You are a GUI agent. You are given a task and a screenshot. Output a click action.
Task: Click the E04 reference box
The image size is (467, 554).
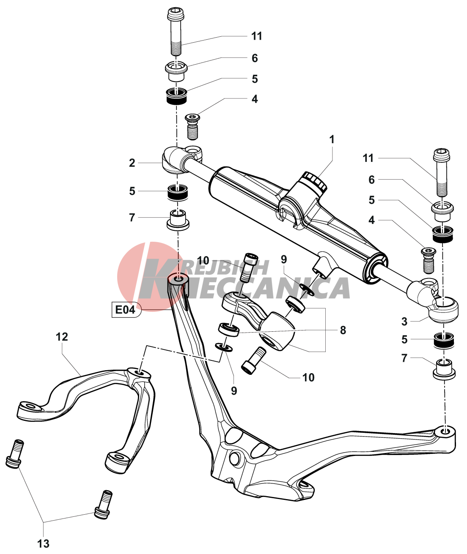point(125,310)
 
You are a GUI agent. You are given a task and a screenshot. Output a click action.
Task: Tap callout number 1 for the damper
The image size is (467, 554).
point(332,139)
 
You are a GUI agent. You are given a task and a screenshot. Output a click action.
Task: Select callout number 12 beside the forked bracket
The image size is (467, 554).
point(62,337)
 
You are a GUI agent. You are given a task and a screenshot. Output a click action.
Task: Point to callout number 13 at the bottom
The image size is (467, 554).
point(44,543)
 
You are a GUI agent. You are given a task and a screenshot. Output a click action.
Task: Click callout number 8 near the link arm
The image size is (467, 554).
point(343,330)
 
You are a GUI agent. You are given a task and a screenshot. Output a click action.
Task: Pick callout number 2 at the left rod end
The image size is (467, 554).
point(132,163)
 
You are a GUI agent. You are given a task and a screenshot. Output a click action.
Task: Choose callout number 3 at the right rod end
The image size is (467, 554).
point(404,322)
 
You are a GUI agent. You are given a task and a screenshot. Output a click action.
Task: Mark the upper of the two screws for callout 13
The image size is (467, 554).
point(15,454)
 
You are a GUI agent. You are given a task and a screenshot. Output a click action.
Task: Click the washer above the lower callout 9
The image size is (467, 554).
point(224,347)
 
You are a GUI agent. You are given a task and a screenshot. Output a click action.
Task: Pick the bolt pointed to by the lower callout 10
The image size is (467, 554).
point(253,360)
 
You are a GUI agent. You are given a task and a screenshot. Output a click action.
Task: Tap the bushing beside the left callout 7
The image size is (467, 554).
point(178,219)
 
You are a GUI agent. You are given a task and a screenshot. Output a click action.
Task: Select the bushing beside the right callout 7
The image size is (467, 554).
point(444,368)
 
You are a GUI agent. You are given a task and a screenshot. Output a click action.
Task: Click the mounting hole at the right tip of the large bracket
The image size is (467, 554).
point(445,432)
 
